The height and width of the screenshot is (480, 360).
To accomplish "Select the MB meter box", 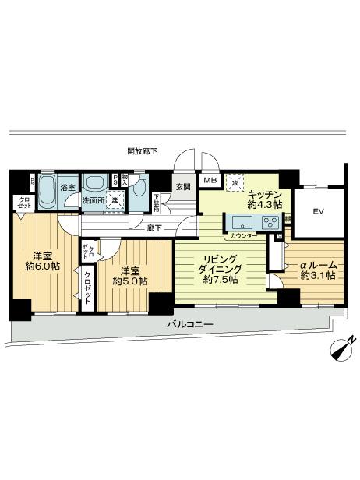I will click(x=208, y=182).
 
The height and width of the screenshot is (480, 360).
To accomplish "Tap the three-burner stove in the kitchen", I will click(x=270, y=223).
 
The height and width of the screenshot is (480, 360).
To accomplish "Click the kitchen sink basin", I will click(x=237, y=223).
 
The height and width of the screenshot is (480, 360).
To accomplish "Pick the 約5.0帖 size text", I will click(x=127, y=283).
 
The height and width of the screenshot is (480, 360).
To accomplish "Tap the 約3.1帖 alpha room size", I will click(x=316, y=275).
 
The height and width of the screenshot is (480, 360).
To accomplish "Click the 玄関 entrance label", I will click(x=182, y=187).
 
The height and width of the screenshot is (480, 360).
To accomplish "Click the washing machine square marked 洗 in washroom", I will click(x=115, y=199).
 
